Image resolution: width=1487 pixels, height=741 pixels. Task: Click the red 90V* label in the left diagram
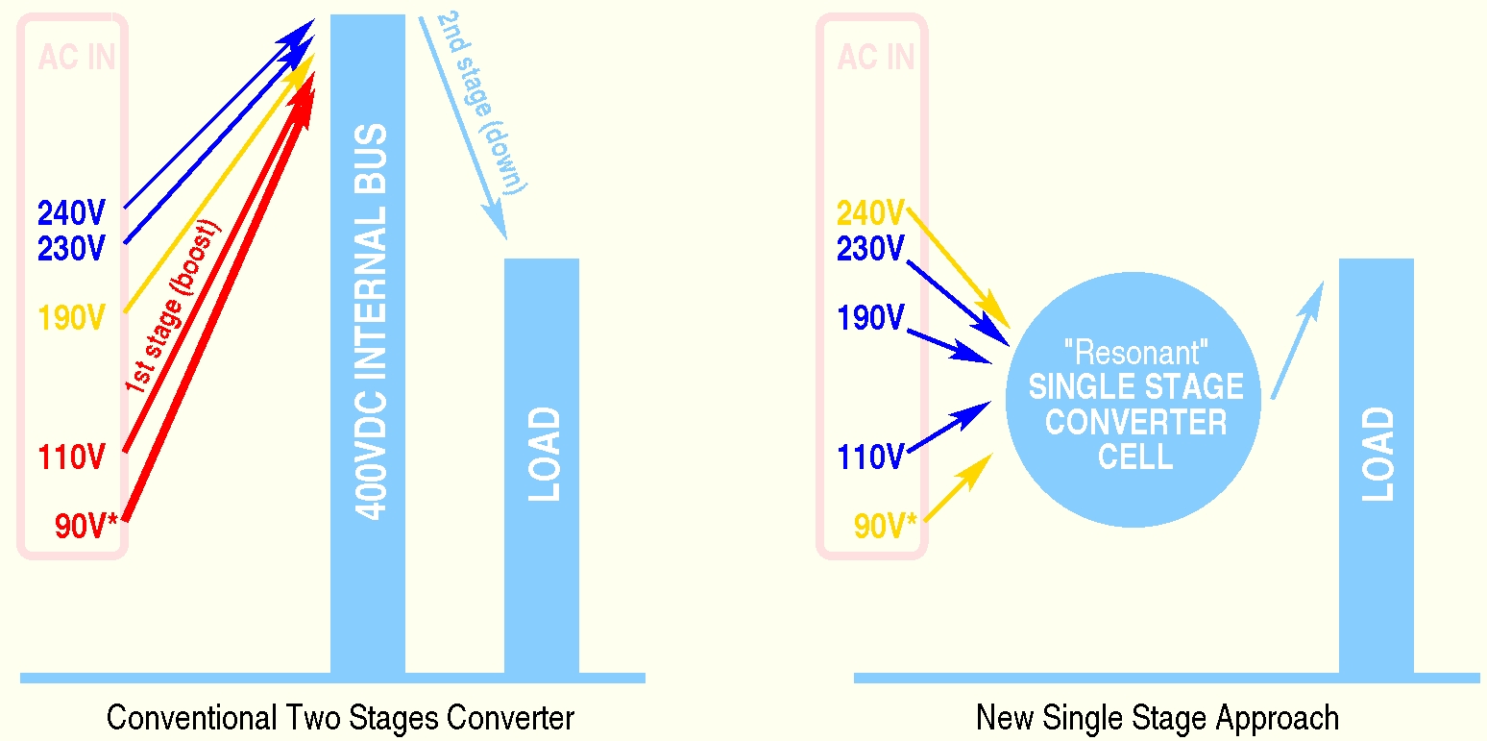[x=86, y=527]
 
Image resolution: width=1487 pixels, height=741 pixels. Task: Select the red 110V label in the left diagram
[x=71, y=457]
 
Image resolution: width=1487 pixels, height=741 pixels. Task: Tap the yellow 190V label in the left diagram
[x=70, y=317]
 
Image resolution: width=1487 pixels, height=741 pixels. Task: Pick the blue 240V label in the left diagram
[x=70, y=213]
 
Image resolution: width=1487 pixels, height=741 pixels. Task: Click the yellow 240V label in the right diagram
[x=870, y=212]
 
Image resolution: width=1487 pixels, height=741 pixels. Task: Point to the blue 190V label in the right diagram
[x=870, y=317]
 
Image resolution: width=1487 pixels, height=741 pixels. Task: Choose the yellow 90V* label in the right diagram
[x=886, y=527]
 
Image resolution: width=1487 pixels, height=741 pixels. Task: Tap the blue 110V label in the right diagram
[x=870, y=457]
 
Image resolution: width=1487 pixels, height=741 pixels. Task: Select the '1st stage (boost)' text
[x=174, y=306]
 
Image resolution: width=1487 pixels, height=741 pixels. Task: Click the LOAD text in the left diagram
[x=545, y=454]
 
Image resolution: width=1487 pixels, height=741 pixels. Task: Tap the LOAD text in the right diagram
[x=1378, y=454]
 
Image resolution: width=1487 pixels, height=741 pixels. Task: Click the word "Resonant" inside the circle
[x=1135, y=352]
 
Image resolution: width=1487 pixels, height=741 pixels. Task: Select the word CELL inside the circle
[x=1135, y=457]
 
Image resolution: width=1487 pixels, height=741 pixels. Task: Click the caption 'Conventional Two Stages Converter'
[x=340, y=718]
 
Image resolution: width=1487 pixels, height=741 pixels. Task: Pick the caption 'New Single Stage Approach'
[x=1158, y=718]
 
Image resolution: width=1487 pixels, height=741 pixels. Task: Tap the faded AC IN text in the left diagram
[x=77, y=58]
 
